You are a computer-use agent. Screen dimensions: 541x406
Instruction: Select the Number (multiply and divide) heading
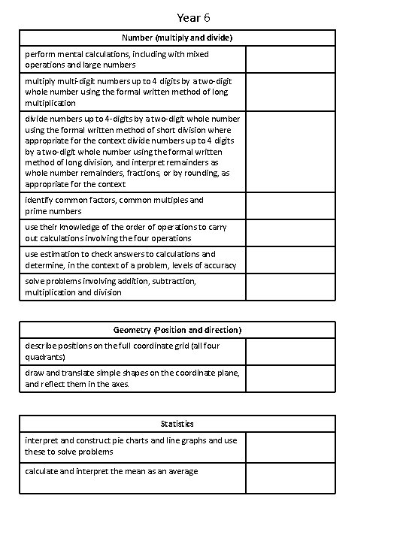(177, 38)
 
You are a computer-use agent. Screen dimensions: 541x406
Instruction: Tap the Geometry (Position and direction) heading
(177, 330)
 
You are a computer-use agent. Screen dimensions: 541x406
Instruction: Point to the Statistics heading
(177, 425)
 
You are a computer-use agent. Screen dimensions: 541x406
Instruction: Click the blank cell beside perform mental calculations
(290, 59)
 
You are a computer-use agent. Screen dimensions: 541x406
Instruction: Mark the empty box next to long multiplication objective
(290, 92)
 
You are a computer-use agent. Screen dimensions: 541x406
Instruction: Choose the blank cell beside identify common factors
(290, 206)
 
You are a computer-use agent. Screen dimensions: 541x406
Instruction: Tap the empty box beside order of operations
(290, 232)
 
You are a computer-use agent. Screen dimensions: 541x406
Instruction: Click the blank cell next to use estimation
(290, 260)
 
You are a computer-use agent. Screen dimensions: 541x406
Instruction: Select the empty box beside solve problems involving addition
(290, 287)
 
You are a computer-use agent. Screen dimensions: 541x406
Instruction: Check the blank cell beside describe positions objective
(290, 352)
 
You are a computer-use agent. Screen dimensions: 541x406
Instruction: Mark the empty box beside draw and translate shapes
(290, 379)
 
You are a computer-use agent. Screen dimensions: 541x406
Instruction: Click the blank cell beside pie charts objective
(290, 447)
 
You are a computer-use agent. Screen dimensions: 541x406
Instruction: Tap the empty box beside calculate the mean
(290, 478)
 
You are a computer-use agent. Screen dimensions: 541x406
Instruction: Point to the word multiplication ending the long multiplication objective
(50, 103)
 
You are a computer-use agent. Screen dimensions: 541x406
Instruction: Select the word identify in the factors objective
(39, 200)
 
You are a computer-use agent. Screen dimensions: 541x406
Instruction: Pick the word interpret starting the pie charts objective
(43, 440)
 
